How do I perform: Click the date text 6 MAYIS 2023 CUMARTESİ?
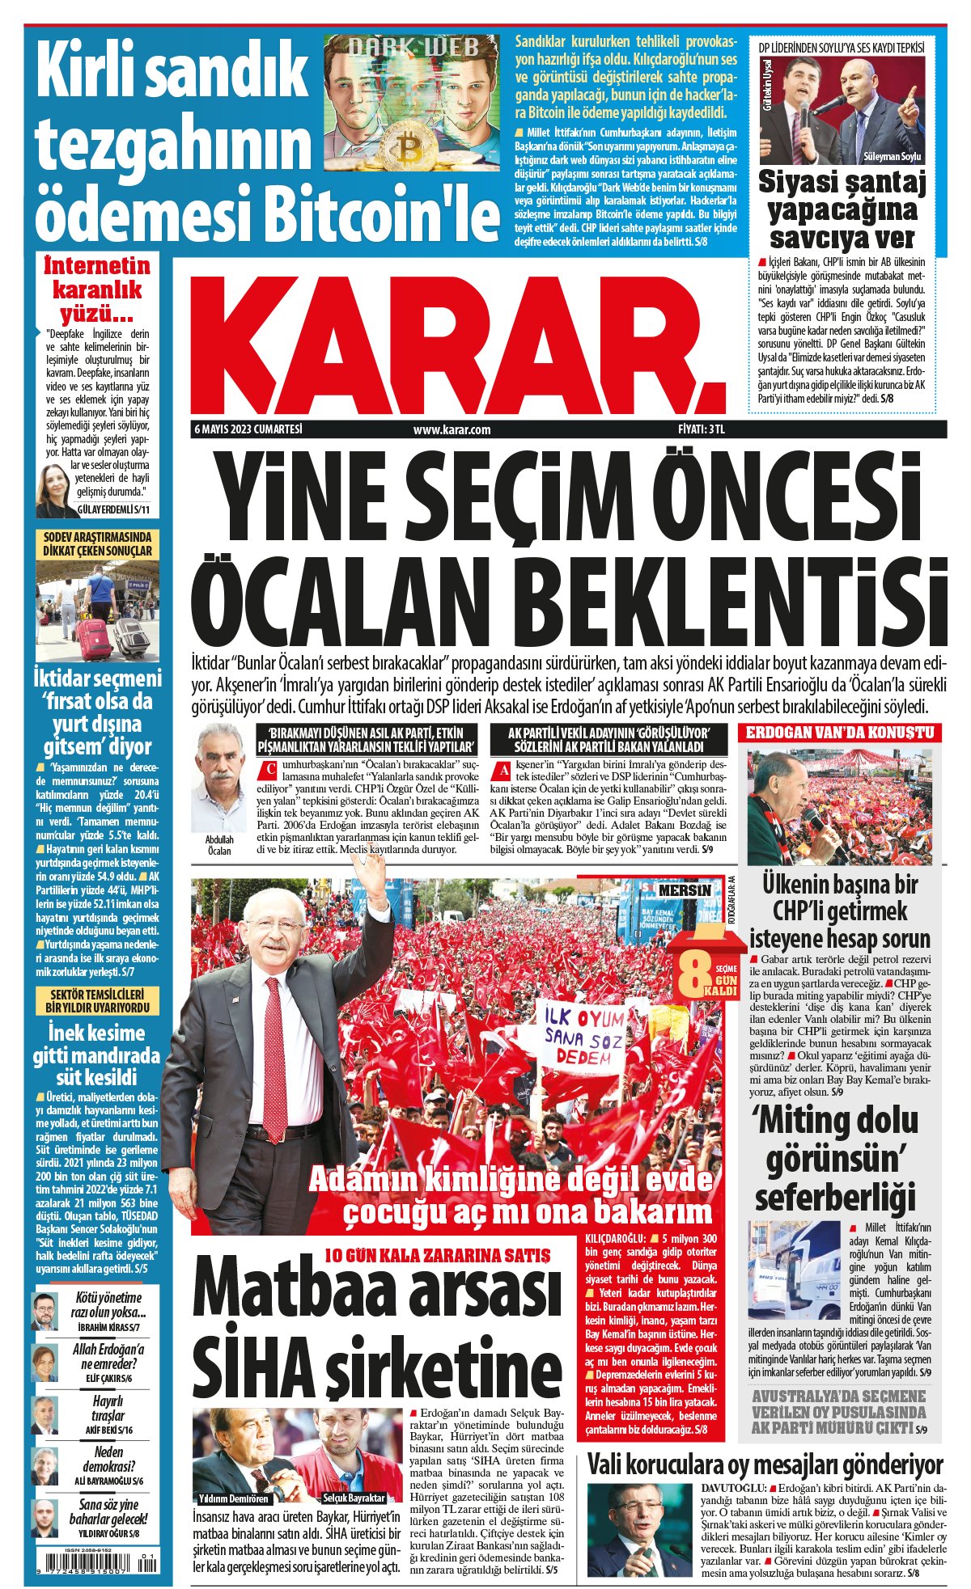pos(248,429)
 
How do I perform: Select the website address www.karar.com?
pos(452,430)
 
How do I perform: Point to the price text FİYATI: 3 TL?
pos(701,429)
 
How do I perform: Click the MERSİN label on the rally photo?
pos(685,890)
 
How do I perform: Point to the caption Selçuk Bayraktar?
pos(354,1475)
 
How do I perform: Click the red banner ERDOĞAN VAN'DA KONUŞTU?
pos(838,733)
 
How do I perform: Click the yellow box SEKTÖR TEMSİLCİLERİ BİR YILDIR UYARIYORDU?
pos(96,1001)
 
